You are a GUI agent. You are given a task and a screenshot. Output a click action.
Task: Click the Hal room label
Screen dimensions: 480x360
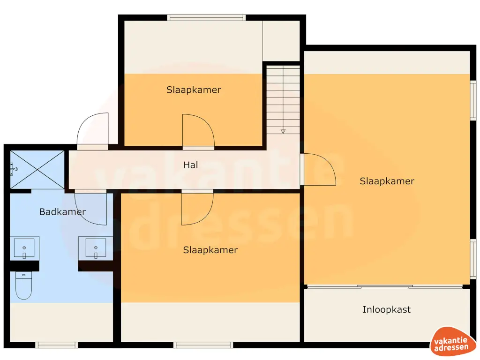[190, 165]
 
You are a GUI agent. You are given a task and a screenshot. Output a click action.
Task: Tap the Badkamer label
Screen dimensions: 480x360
[62, 211]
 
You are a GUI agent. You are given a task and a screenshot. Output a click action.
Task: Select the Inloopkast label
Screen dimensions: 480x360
[386, 309]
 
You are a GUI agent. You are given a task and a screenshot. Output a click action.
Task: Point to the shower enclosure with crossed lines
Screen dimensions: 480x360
[37, 170]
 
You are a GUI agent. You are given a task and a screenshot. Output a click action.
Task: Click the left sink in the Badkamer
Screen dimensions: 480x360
[24, 248]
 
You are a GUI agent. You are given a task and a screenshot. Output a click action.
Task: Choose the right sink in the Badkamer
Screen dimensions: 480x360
[96, 248]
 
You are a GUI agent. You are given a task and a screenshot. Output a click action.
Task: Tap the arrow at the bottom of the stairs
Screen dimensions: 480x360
[283, 131]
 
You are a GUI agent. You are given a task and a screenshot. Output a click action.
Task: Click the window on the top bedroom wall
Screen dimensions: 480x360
[206, 17]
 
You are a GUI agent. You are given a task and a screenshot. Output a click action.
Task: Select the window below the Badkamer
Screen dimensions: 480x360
[57, 345]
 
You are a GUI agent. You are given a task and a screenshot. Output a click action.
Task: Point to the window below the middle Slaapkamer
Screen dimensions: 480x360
[203, 345]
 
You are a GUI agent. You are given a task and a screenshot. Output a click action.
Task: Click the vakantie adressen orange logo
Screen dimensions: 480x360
[451, 341]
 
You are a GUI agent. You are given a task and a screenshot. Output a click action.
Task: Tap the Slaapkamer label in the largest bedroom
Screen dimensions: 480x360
[387, 181]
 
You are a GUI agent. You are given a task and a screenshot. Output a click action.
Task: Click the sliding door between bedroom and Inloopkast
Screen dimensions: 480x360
[385, 287]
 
